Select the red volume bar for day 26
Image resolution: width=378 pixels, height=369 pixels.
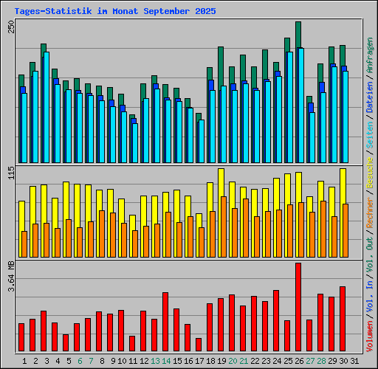coord(298,307)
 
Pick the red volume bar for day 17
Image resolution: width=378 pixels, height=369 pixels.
coord(199,345)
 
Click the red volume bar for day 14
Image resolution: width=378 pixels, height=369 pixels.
coord(165,322)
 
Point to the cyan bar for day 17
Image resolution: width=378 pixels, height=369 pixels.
coord(202,141)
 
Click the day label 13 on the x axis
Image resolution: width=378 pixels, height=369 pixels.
coord(154,361)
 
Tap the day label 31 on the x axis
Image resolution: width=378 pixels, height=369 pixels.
coord(354,361)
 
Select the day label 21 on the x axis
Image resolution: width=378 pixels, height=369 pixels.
coord(243,361)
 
